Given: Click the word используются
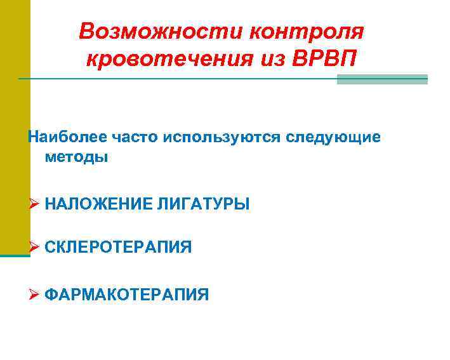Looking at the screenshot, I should point(222,137).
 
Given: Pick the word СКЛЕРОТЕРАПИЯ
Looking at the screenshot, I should point(118,246).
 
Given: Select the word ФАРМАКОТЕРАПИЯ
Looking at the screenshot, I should point(127,294).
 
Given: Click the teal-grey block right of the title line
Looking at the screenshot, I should point(381,79).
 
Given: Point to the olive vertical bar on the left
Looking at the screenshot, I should point(14,127).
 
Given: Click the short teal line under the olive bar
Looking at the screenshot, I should point(15,256).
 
